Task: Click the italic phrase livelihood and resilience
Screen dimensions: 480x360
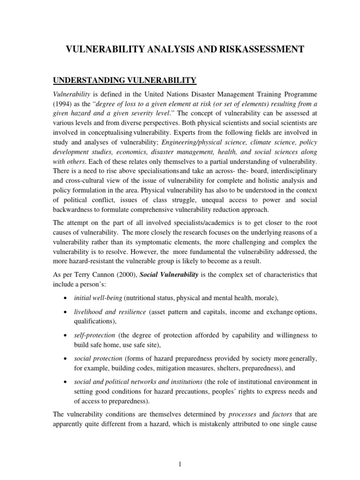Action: tap(110, 312)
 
